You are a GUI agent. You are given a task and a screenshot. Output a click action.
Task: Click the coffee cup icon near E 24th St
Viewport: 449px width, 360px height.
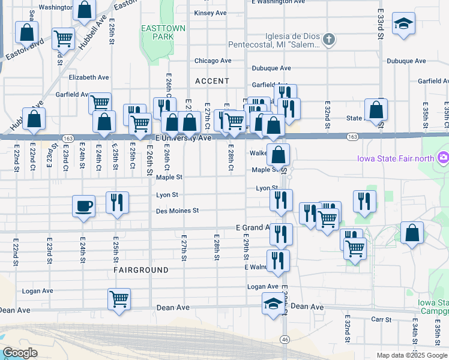click(83, 206)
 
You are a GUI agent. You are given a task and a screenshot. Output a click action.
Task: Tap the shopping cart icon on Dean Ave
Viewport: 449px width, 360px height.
click(119, 298)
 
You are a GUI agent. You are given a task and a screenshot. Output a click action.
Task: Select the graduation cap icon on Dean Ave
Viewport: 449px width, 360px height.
click(273, 303)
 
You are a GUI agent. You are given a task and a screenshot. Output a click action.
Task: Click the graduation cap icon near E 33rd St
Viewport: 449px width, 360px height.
click(403, 24)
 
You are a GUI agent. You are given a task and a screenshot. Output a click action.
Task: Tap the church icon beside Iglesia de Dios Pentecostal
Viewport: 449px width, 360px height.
click(328, 40)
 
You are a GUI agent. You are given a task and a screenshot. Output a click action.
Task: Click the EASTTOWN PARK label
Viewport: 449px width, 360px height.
click(157, 32)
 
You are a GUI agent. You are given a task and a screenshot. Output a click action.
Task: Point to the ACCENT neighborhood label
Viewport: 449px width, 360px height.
click(212, 81)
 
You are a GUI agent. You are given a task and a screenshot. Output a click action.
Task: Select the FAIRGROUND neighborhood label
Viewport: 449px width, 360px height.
click(141, 271)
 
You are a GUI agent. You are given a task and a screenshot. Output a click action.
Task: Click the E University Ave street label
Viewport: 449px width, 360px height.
click(184, 138)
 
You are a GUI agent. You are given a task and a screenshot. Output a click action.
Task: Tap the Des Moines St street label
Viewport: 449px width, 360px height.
click(177, 211)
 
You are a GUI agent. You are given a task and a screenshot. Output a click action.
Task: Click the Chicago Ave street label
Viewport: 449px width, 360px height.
click(212, 61)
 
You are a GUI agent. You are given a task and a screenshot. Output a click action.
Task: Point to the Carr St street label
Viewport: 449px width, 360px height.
click(381, 320)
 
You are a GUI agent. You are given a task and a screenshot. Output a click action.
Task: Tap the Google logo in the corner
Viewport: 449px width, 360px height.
click(20, 353)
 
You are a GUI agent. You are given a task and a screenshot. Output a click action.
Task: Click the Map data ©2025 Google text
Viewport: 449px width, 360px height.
click(411, 355)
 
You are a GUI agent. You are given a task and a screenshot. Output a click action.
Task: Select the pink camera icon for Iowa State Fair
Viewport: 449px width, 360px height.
click(443, 158)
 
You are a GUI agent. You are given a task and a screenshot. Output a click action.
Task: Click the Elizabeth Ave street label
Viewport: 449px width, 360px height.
click(89, 77)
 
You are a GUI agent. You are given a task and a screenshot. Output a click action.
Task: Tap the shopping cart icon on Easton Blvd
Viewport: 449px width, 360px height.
click(63, 39)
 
